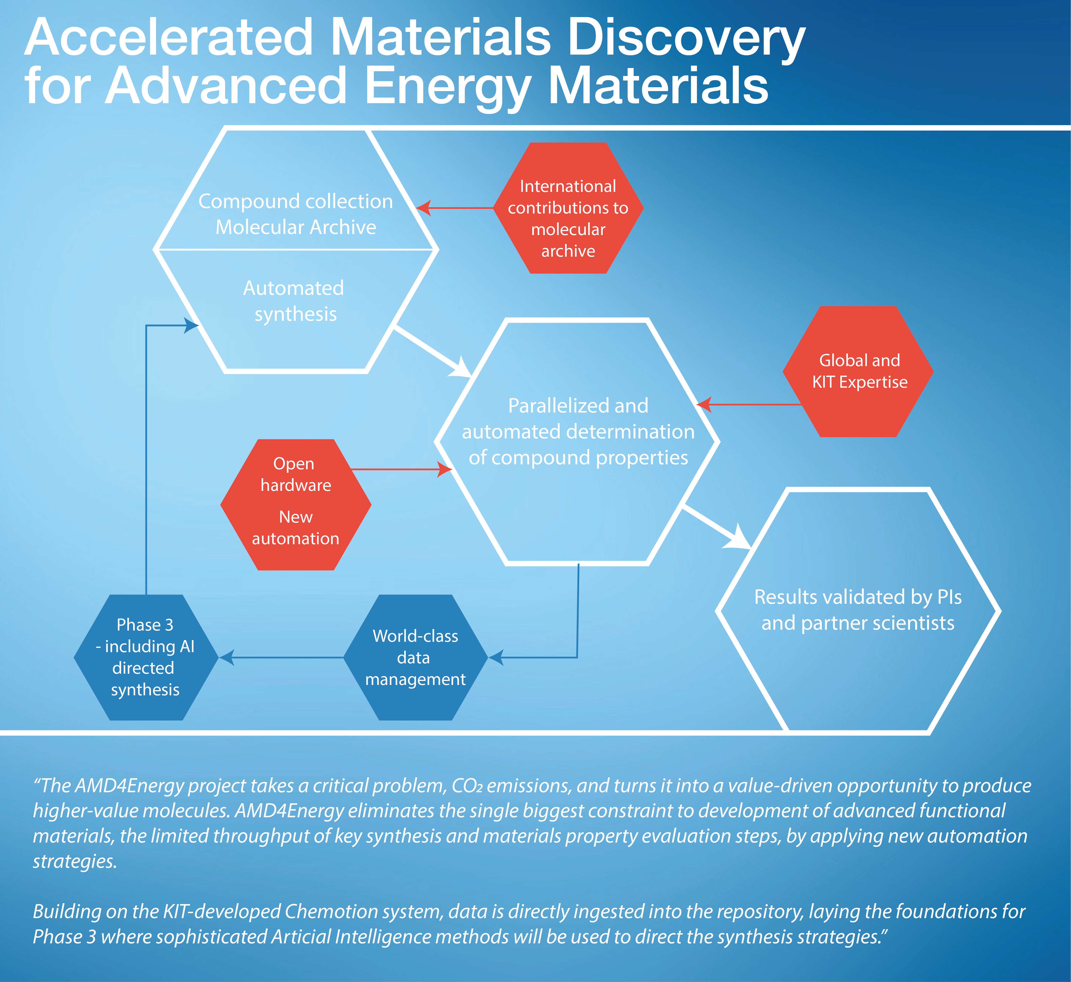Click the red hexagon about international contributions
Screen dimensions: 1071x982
tap(569, 208)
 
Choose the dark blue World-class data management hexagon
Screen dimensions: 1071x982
tap(415, 657)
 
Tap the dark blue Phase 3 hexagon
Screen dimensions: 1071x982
tap(146, 657)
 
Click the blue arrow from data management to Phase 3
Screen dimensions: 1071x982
tap(281, 657)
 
